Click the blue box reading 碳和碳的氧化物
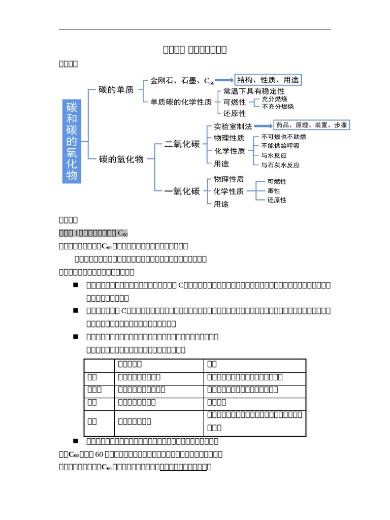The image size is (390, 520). pyautogui.click(x=72, y=141)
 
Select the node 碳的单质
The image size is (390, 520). pyautogui.click(x=116, y=90)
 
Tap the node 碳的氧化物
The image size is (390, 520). pyautogui.click(x=121, y=159)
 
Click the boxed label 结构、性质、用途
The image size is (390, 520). pyautogui.click(x=268, y=80)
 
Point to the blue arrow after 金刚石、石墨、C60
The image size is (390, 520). pyautogui.click(x=224, y=80)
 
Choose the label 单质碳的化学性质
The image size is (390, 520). pyautogui.click(x=181, y=102)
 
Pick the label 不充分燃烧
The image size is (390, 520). pyautogui.click(x=278, y=107)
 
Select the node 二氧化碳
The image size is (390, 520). pyautogui.click(x=182, y=144)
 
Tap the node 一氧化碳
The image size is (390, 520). pyautogui.click(x=182, y=191)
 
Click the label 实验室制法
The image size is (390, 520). pyautogui.click(x=233, y=126)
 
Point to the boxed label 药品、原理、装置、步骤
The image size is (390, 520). pyautogui.click(x=311, y=125)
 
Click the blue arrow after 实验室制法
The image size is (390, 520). pyautogui.click(x=263, y=126)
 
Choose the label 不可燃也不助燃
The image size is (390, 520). pyautogui.click(x=283, y=137)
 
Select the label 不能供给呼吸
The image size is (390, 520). pyautogui.click(x=280, y=146)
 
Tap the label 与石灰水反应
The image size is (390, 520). pyautogui.click(x=280, y=165)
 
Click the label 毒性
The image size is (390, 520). pyautogui.click(x=274, y=191)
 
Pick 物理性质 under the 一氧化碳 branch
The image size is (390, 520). pyautogui.click(x=229, y=179)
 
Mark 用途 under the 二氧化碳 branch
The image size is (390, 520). pyautogui.click(x=221, y=164)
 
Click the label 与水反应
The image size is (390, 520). pyautogui.click(x=274, y=156)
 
